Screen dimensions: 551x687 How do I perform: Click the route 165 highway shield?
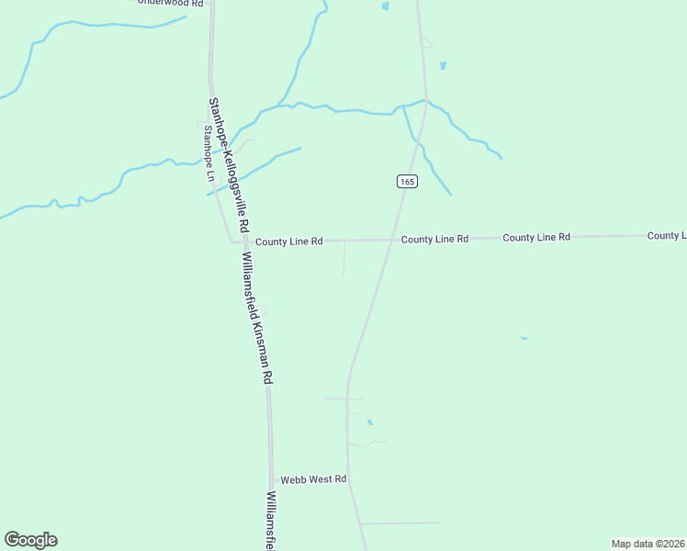point(408,182)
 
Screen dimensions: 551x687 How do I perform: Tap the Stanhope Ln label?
point(208,152)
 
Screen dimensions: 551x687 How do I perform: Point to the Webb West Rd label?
point(313,479)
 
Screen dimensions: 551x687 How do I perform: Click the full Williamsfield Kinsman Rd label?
point(257,318)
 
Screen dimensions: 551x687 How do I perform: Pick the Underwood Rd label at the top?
point(170,3)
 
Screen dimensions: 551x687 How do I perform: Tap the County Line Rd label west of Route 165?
point(288,242)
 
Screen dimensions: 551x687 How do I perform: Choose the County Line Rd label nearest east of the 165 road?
point(435,239)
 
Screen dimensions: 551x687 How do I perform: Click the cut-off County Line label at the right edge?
point(666,236)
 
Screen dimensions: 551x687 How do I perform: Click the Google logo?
point(30,540)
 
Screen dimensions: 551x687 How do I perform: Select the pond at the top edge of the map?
point(385,6)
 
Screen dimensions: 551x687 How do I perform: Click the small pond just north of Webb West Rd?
point(370,422)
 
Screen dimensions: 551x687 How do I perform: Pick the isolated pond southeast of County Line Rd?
point(524,339)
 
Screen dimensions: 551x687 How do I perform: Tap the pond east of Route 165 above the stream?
point(443,66)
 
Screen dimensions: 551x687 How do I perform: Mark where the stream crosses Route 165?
point(425,101)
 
